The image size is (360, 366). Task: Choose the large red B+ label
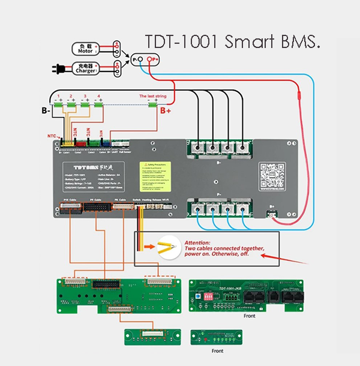[x=166, y=110]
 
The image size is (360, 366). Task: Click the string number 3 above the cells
[x=85, y=96]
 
